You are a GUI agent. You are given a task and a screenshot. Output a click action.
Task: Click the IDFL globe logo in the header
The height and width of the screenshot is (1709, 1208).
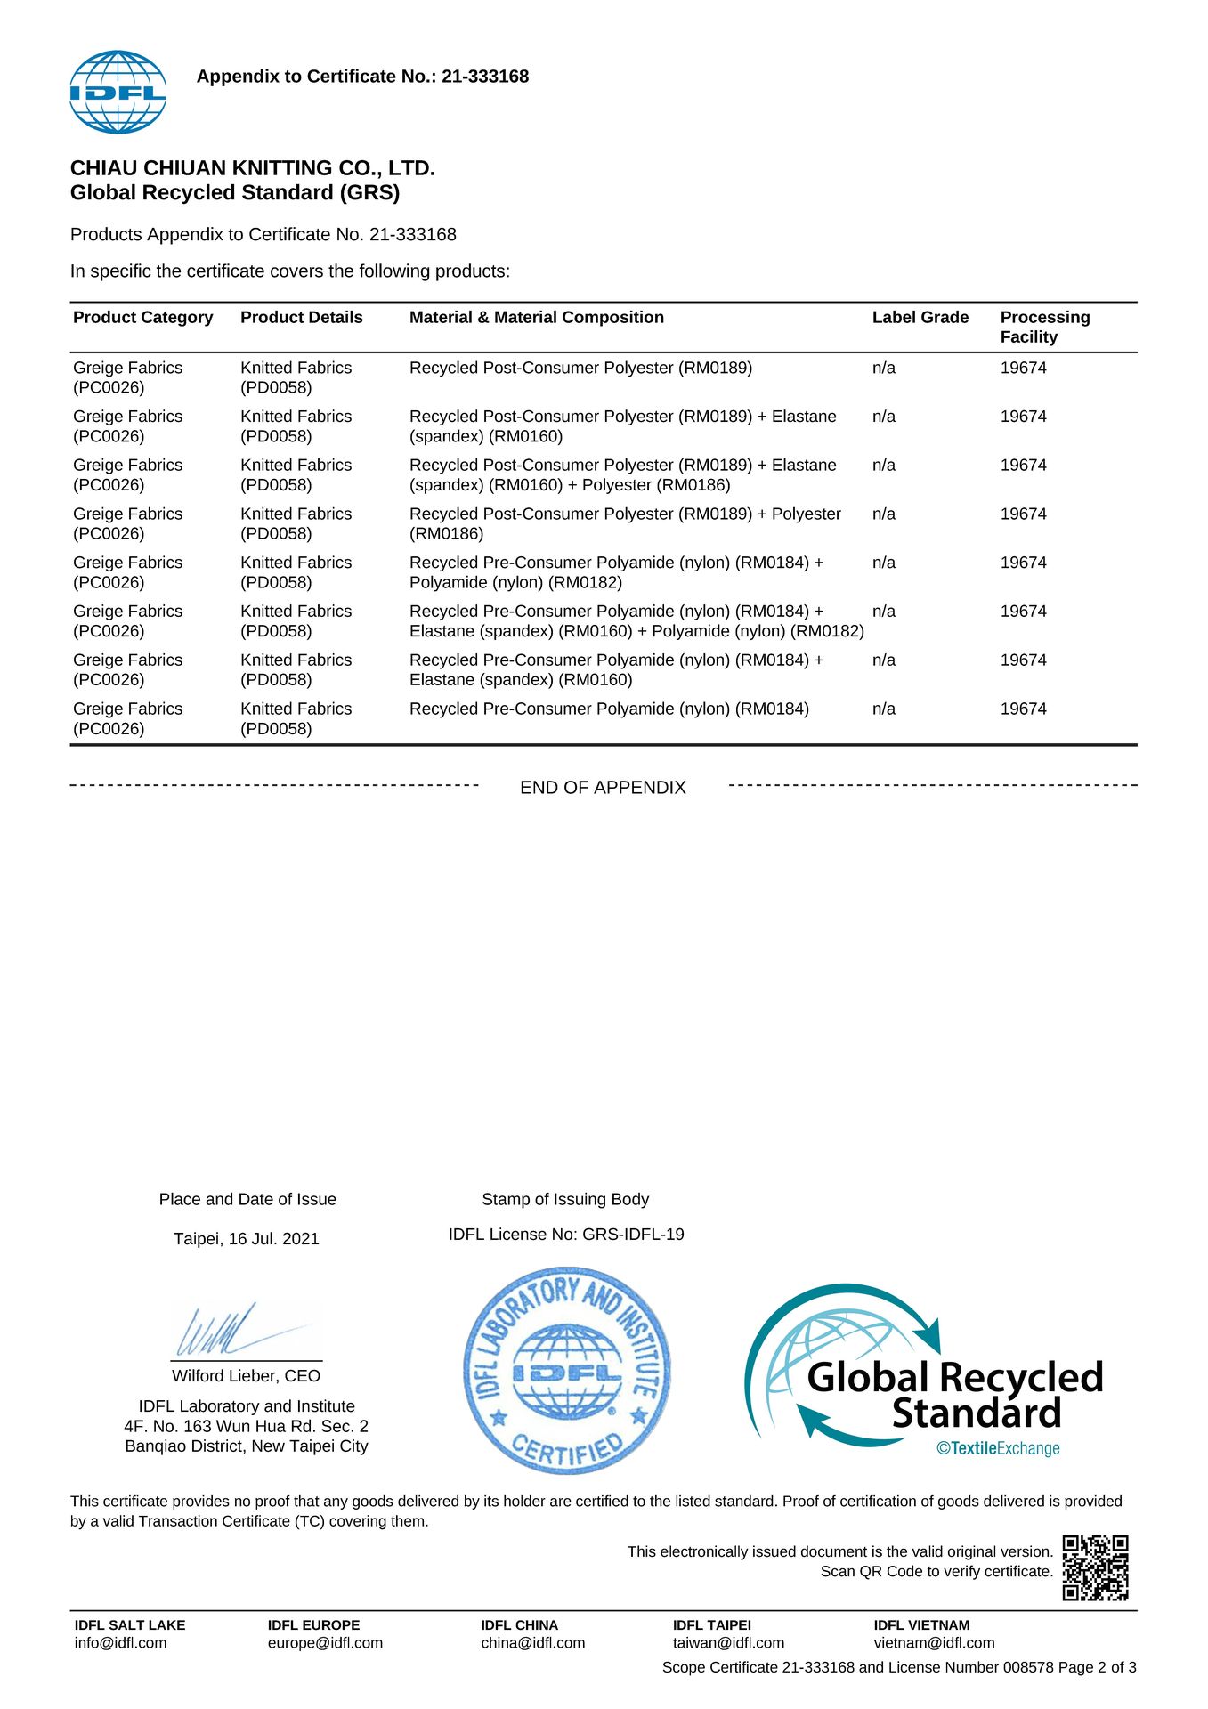[118, 92]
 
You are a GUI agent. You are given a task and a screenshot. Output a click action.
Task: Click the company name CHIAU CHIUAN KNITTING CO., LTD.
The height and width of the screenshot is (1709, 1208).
[252, 168]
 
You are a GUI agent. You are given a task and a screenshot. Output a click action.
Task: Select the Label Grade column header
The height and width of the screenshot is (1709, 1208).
[920, 318]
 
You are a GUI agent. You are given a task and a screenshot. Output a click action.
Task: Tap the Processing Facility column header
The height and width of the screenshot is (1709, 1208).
[1044, 327]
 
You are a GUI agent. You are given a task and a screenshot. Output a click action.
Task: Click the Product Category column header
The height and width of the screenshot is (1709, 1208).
[142, 318]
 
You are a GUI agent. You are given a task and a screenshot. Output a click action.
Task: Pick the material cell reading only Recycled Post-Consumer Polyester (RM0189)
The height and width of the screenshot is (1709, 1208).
[580, 369]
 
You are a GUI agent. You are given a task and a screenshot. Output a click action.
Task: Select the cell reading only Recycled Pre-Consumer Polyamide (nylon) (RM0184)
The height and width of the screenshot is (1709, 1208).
[609, 709]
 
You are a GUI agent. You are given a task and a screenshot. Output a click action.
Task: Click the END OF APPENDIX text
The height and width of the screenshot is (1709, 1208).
[603, 788]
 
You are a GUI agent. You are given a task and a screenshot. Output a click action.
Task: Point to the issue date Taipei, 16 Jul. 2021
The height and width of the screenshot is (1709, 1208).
[246, 1239]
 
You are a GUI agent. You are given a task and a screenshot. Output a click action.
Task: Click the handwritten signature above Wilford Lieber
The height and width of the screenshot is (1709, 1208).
[231, 1331]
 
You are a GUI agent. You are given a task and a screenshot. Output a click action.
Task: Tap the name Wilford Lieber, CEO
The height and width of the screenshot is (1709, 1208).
[246, 1376]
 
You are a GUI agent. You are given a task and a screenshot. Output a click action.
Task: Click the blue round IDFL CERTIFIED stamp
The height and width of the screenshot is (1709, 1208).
[567, 1370]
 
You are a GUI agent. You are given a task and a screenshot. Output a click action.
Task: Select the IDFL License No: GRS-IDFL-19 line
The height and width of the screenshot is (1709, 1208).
[566, 1235]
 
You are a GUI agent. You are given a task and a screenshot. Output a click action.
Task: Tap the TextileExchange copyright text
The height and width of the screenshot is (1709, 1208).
[998, 1448]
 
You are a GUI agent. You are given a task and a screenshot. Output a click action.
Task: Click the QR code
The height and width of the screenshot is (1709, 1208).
[1095, 1567]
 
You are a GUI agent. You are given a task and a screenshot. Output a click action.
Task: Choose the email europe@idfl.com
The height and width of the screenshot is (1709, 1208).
[325, 1643]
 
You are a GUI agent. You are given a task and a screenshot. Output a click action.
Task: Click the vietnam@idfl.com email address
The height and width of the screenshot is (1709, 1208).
[934, 1643]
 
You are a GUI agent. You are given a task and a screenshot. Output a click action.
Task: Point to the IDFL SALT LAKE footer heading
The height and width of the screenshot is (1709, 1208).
[130, 1625]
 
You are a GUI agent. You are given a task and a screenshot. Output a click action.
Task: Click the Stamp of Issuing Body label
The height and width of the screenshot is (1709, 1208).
[565, 1200]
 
